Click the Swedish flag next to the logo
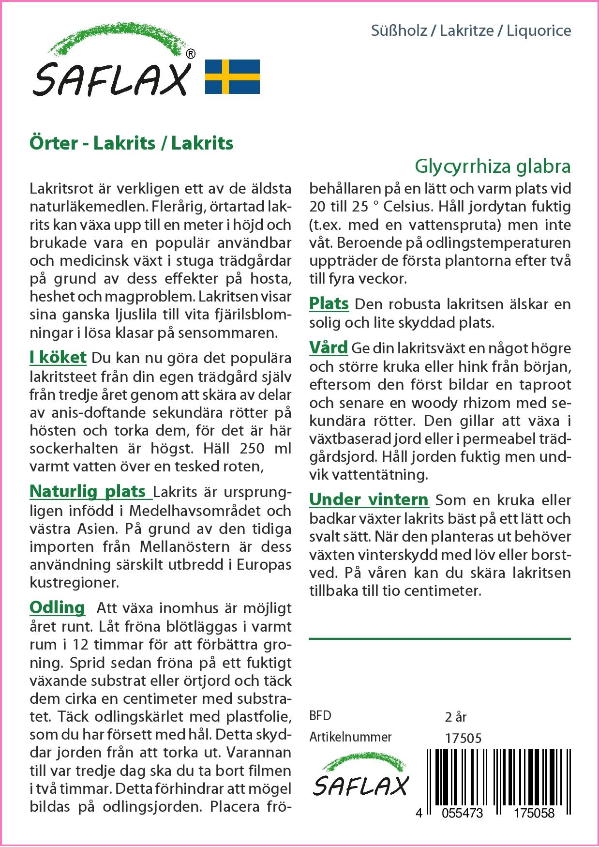[x=232, y=76]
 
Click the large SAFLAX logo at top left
[x=111, y=63]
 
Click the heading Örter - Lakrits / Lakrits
[x=132, y=143]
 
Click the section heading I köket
[x=58, y=357]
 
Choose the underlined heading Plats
[x=329, y=303]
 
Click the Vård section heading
[x=329, y=347]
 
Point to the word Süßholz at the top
[x=399, y=31]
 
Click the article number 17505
[x=463, y=738]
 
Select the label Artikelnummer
[x=350, y=737]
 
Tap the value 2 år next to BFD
[x=455, y=717]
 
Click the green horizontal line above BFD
[x=439, y=639]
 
